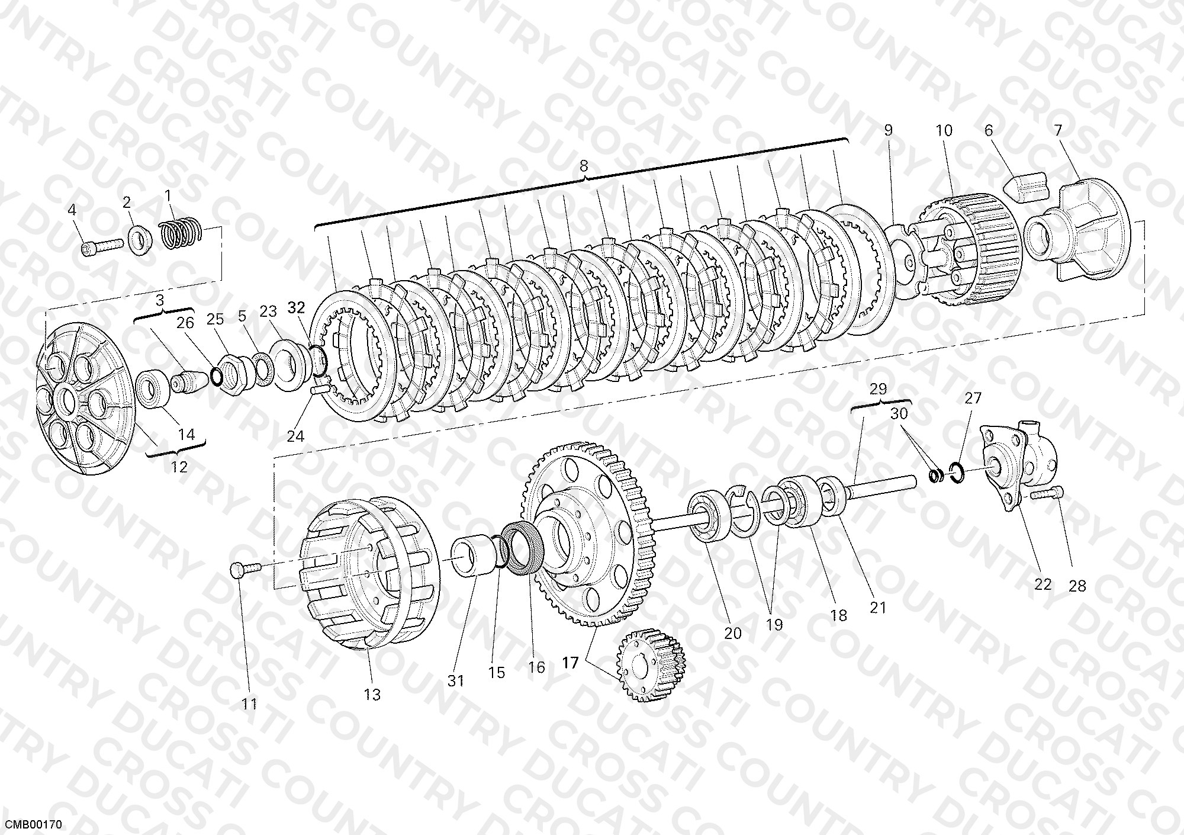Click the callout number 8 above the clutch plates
click(x=584, y=166)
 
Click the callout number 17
click(x=570, y=663)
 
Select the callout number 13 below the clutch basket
click(x=372, y=695)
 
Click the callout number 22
click(x=1043, y=584)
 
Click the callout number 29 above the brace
click(x=879, y=388)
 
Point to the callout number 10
click(x=944, y=130)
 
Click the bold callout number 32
click(x=296, y=307)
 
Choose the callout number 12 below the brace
click(x=179, y=467)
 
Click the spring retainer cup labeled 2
click(x=140, y=238)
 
